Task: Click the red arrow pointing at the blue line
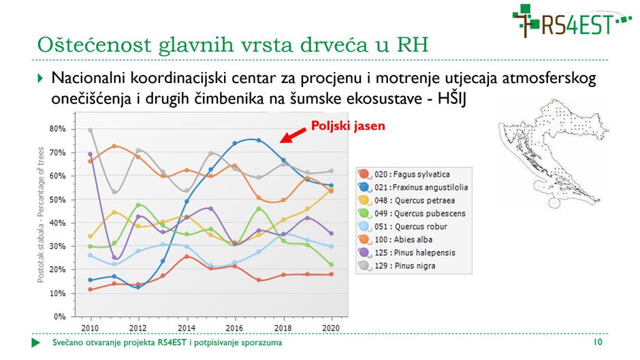pyautogui.click(x=293, y=134)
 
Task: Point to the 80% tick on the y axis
pyautogui.click(x=58, y=129)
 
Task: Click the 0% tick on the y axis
pyautogui.click(x=60, y=316)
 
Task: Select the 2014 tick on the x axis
pyautogui.click(x=187, y=327)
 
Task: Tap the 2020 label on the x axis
pyautogui.click(x=330, y=327)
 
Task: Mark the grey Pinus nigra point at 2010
pyautogui.click(x=91, y=130)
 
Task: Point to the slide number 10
pyautogui.click(x=599, y=342)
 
